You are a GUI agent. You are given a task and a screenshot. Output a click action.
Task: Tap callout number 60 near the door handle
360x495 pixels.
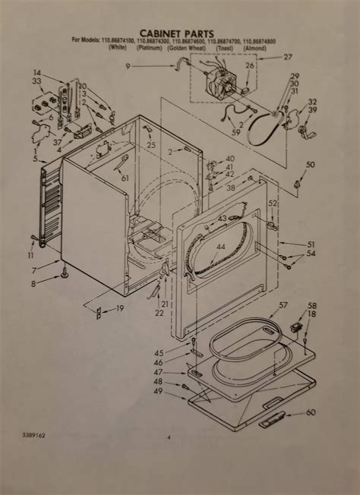[311, 412]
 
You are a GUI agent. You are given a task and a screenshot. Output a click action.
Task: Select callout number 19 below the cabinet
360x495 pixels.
[120, 308]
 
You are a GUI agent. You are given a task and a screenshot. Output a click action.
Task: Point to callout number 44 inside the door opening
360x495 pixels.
[221, 247]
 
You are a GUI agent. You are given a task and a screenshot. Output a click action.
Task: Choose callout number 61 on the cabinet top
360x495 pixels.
[125, 178]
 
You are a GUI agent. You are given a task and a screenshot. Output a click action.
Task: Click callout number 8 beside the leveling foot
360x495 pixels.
[33, 284]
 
